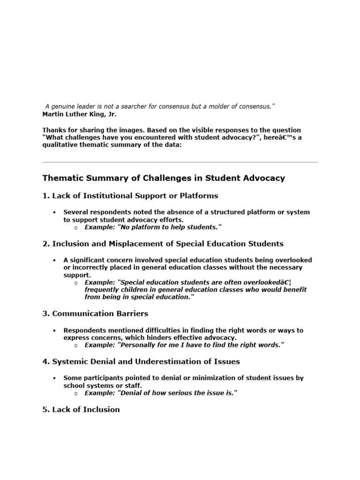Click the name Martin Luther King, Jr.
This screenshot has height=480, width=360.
click(79, 114)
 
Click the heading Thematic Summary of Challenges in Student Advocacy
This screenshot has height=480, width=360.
click(164, 178)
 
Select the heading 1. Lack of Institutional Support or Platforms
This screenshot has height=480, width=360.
click(130, 195)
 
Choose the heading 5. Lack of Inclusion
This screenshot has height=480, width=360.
click(81, 409)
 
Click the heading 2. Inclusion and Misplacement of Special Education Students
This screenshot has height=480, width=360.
click(163, 243)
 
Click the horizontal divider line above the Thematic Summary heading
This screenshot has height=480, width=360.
click(180, 162)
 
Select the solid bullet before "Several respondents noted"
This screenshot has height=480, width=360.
click(55, 212)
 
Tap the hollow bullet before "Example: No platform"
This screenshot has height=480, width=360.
click(76, 227)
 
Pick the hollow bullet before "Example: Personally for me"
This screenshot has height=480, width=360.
click(76, 345)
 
